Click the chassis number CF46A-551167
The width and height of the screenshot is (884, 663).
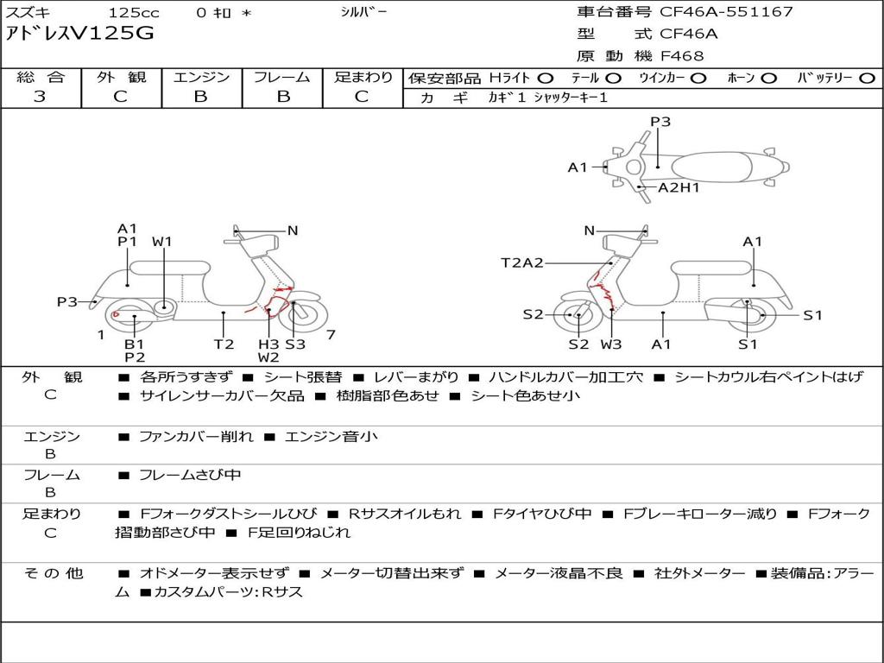coord(726,12)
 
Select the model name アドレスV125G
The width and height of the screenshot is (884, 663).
coord(79,34)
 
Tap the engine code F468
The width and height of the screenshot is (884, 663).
coord(682,56)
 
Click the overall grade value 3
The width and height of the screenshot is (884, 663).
coord(40,97)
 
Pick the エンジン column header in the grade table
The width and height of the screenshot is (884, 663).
coord(201,77)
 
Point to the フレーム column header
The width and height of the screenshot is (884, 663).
coord(282,77)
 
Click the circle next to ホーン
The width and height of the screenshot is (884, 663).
coord(769,79)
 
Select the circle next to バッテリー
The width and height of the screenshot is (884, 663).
coord(867,79)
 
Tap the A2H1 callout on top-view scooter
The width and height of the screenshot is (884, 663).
coord(679,187)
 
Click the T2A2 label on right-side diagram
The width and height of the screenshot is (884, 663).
coord(522,262)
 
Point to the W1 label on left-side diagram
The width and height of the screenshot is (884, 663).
coord(161,242)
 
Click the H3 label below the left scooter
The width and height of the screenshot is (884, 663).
coord(269,344)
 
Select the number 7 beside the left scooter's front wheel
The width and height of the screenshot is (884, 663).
coord(331,335)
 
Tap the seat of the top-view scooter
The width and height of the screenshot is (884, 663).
coord(711,167)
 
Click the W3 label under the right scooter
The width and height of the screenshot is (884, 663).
coord(611,344)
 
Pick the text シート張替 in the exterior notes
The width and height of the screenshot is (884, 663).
coord(303,376)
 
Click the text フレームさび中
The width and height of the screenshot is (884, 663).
coord(190,475)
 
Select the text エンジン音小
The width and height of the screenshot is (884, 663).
coord(331,436)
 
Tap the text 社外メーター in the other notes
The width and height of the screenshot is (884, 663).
coord(699,573)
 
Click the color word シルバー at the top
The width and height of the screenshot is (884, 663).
coord(363,12)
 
